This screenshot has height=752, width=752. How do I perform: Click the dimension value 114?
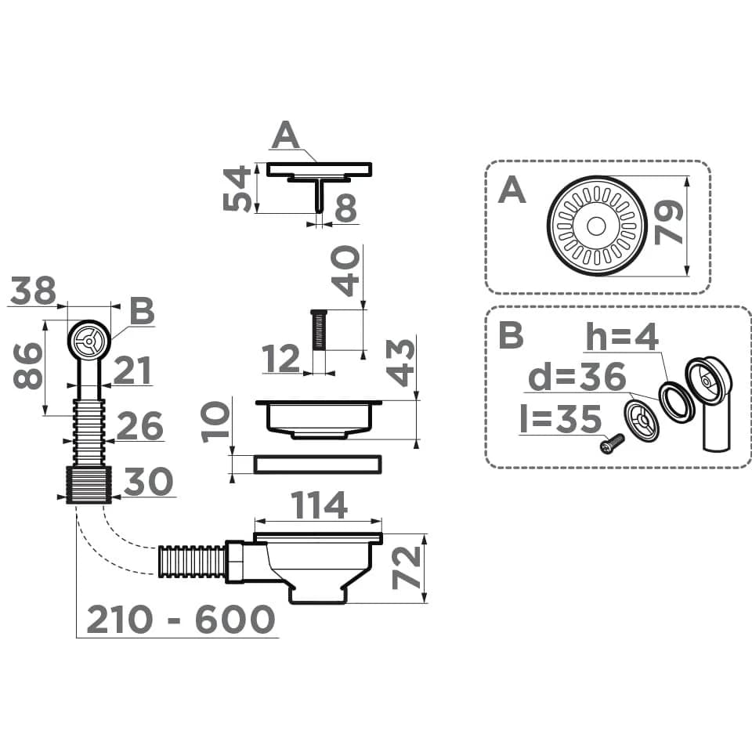(319, 505)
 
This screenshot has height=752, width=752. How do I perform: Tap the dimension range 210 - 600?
(181, 619)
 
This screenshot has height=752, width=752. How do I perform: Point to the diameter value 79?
(669, 222)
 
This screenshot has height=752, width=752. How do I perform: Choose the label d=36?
(577, 377)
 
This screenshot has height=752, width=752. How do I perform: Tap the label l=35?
(560, 418)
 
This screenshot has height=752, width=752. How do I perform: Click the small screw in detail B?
(613, 443)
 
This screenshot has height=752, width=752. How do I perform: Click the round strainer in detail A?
(597, 226)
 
